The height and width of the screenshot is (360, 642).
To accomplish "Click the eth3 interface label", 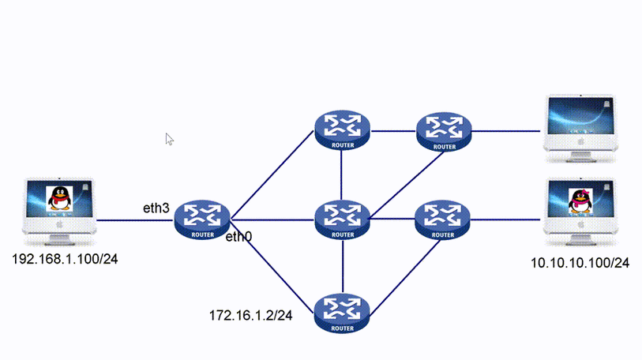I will click(156, 208).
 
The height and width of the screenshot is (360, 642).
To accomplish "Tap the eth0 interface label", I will click(239, 237).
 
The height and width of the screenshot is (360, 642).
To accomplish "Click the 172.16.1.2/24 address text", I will click(250, 315).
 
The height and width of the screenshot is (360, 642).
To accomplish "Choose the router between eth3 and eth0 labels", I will click(202, 219).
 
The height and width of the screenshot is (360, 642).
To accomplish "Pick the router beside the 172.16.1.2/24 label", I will click(342, 311).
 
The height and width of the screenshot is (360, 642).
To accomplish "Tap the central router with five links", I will click(342, 219).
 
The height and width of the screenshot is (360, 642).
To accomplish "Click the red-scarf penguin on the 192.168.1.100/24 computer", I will click(58, 198).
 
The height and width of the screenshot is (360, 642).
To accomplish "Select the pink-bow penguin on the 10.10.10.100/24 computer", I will click(580, 199).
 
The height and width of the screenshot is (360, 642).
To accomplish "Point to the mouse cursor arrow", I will click(169, 138).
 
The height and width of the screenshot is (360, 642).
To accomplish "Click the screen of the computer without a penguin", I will click(580, 117).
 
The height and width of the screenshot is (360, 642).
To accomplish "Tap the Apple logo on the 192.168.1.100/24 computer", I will click(58, 224).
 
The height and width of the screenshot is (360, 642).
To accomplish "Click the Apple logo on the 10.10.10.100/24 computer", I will click(581, 225).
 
